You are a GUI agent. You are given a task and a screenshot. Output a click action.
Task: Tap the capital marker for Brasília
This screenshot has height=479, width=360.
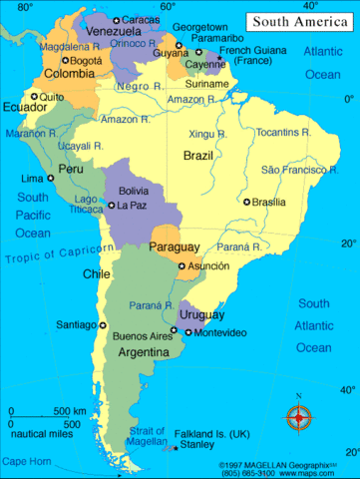click(247, 202)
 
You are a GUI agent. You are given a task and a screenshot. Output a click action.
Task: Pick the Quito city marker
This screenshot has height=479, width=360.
click(34, 97)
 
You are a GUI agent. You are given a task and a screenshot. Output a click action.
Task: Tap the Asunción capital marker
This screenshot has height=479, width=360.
click(181, 266)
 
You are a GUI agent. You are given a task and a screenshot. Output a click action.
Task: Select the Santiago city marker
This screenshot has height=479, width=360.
click(102, 324)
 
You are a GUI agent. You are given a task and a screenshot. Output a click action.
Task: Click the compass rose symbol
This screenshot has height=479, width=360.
click(298, 418)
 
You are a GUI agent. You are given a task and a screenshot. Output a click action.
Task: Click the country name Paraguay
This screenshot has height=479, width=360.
click(175, 246)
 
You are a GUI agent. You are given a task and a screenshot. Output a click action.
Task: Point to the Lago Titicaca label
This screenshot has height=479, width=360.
click(87, 204)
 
